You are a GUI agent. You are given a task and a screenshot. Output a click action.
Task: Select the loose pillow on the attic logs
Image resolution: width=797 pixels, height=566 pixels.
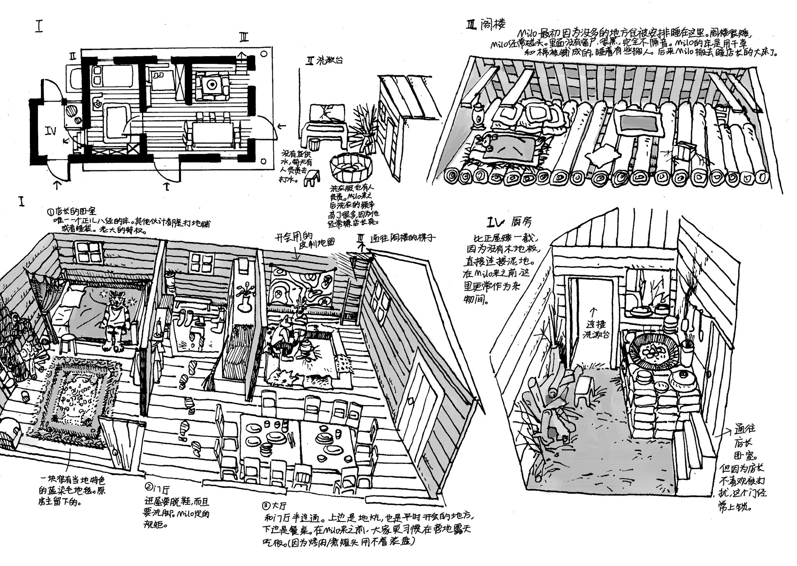click(x=602, y=157)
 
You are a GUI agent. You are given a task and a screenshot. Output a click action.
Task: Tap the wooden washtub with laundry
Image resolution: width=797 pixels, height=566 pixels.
click(x=350, y=168)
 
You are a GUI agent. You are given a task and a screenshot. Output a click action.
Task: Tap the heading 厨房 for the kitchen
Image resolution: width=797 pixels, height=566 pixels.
click(x=520, y=223)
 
